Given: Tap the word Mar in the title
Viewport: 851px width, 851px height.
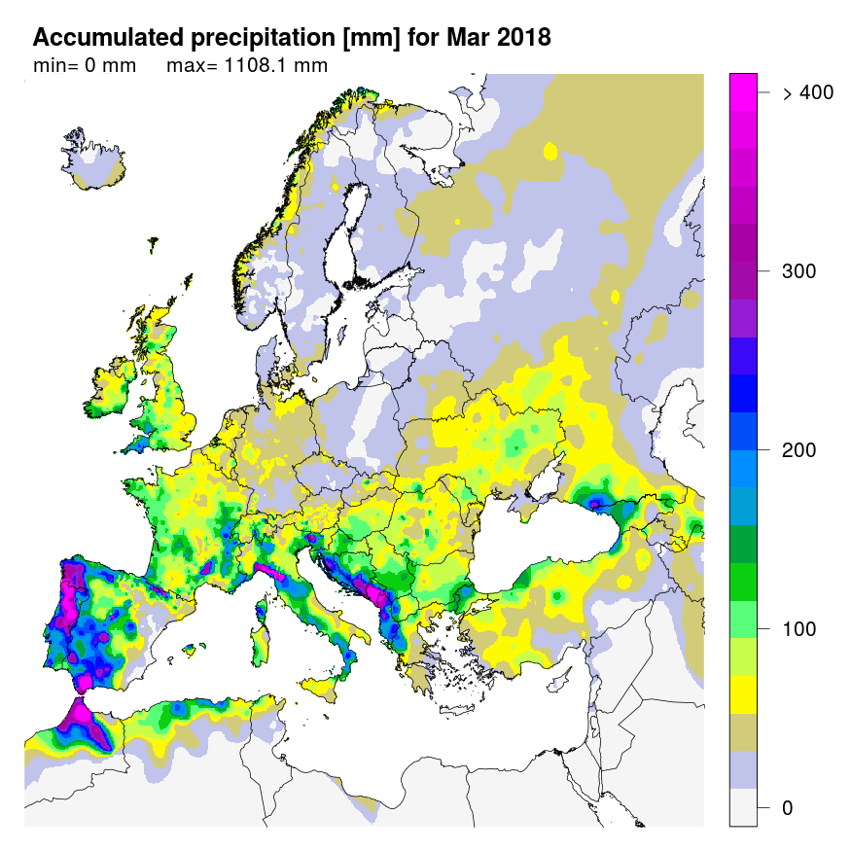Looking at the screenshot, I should coord(466,38).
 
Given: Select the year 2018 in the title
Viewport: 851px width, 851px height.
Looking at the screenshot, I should coord(520,38).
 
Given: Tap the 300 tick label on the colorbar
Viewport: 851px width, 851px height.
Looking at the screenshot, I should coord(798,271).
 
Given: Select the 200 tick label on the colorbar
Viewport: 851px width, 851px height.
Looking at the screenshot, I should coord(798,450).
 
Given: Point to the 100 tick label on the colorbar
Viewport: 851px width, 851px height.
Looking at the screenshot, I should coord(798,629).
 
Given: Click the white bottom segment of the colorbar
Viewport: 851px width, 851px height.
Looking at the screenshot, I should coord(743,807).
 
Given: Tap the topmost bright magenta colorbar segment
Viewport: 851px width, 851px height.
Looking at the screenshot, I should coord(743,86).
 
